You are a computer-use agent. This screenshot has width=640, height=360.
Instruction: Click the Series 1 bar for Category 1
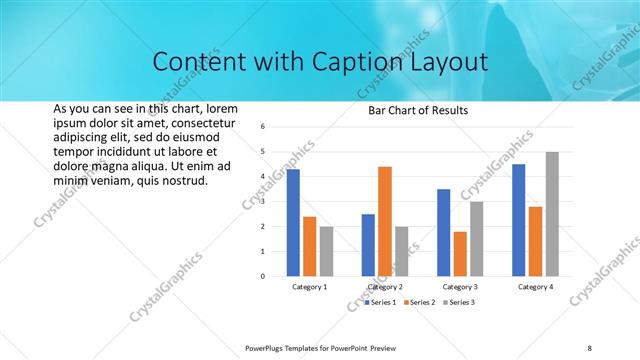click(x=293, y=223)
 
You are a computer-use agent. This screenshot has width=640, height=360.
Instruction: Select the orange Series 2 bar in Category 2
click(x=385, y=221)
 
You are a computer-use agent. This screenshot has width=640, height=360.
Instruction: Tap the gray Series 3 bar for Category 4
click(x=552, y=214)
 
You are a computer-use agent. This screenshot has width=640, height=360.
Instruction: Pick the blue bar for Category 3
click(x=444, y=232)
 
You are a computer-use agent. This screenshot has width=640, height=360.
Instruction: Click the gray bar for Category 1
click(x=326, y=251)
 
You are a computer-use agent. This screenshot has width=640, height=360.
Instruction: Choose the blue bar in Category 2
click(x=369, y=245)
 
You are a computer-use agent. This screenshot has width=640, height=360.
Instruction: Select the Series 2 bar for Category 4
click(x=536, y=241)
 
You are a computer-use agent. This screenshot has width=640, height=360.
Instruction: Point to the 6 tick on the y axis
click(x=261, y=127)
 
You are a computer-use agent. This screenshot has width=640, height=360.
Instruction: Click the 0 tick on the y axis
click(x=261, y=276)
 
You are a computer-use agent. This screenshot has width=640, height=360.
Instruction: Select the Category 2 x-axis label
click(x=385, y=287)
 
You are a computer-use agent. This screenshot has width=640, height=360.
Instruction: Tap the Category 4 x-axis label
click(x=536, y=287)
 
